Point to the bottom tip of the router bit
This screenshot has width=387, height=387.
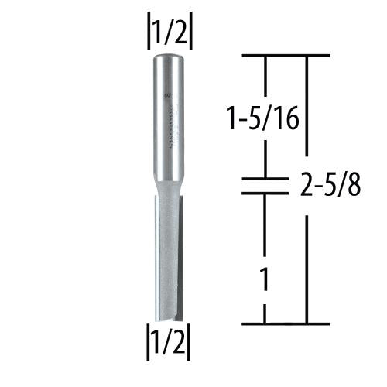(x=171, y=320)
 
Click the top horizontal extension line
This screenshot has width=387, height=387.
(x=286, y=57)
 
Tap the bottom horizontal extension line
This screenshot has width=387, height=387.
(x=286, y=323)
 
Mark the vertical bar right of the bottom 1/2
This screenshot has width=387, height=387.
(x=190, y=339)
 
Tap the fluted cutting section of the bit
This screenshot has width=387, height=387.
(x=171, y=255)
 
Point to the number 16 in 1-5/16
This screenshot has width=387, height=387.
(x=288, y=119)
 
